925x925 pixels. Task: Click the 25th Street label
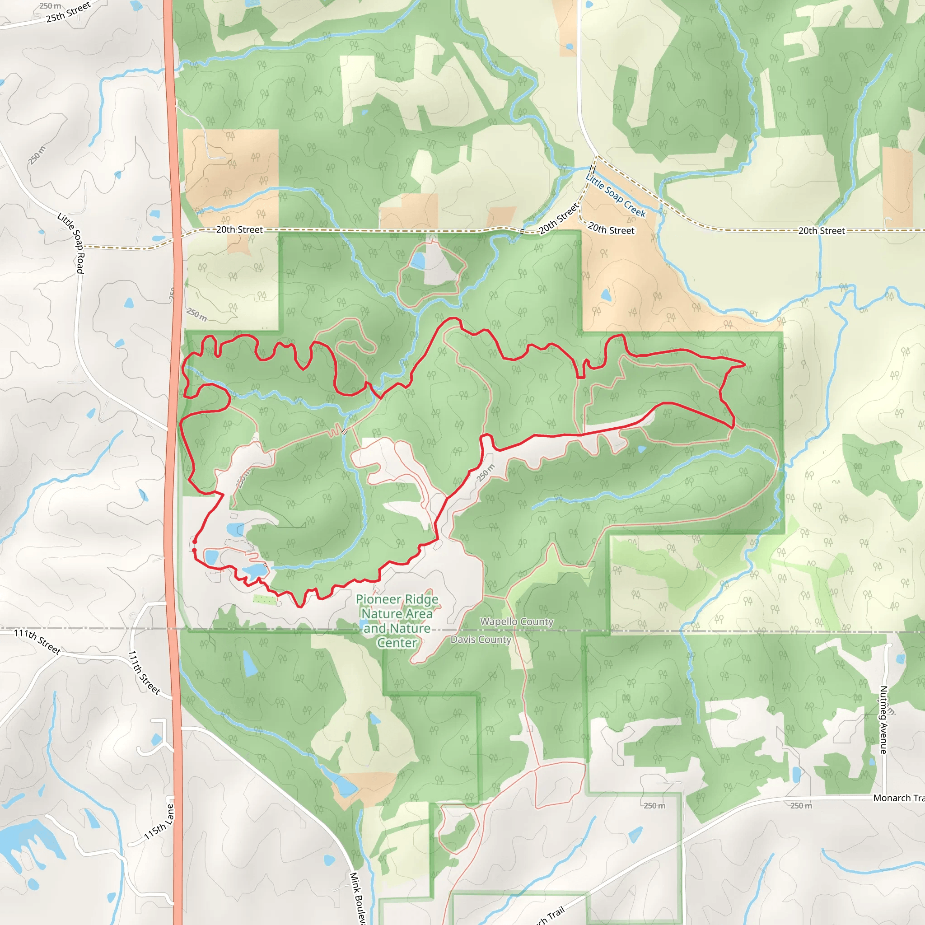click(x=68, y=13)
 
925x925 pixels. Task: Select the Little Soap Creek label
click(x=616, y=195)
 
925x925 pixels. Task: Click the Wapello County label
click(x=517, y=621)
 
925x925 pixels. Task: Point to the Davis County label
click(x=481, y=640)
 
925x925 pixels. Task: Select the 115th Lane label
click(x=159, y=822)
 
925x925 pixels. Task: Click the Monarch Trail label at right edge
click(x=898, y=798)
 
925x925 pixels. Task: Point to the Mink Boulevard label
click(x=357, y=898)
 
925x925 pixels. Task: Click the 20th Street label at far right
click(x=822, y=231)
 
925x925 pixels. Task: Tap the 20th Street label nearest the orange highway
click(x=239, y=230)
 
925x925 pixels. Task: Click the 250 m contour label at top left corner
click(x=50, y=6)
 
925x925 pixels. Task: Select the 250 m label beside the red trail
click(x=486, y=473)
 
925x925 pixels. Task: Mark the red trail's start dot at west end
click(x=194, y=542)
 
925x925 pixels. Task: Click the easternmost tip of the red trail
click(x=745, y=364)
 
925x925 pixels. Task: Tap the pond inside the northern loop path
click(x=418, y=261)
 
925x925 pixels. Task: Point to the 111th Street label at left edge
click(x=37, y=641)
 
